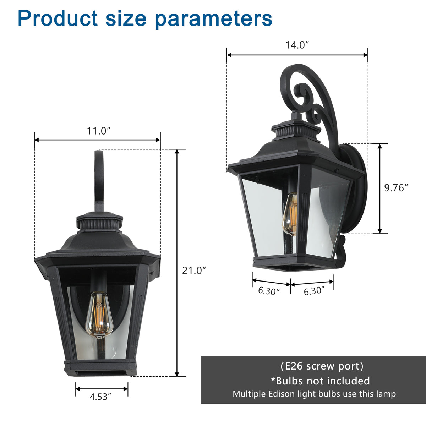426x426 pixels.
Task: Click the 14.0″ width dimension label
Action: [x=297, y=45]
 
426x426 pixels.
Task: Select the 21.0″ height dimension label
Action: [x=194, y=271]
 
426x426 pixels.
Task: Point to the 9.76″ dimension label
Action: [x=396, y=188]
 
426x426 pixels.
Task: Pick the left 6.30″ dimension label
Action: [x=269, y=291]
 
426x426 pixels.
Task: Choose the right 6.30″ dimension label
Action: [x=314, y=291]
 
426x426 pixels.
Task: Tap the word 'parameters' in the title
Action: [x=214, y=18]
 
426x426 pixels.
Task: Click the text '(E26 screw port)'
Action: [x=322, y=366]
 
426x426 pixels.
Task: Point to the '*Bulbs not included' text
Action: [x=321, y=381]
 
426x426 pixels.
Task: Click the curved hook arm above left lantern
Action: [x=98, y=177]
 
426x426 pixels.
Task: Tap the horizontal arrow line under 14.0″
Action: [x=297, y=55]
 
